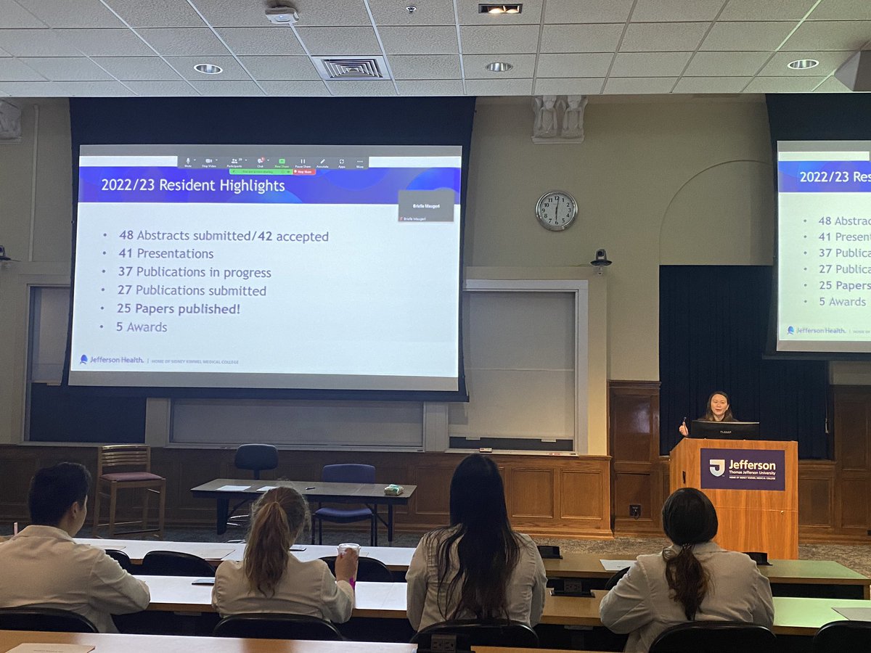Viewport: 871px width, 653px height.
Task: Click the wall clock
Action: click(556, 210)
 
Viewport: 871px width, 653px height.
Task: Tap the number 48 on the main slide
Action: click(126, 236)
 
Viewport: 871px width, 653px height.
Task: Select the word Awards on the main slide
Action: click(147, 327)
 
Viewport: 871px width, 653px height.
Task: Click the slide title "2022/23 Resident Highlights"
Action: click(192, 186)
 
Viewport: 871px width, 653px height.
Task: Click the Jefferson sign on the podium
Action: click(742, 469)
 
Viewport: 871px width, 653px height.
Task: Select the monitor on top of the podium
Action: click(724, 430)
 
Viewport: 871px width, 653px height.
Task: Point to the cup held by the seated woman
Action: click(349, 554)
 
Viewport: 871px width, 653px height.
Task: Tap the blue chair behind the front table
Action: click(347, 493)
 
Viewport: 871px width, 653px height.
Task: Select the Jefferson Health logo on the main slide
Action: click(111, 359)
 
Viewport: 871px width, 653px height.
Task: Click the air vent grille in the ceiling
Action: click(352, 67)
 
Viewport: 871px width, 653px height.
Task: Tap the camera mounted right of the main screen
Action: click(600, 258)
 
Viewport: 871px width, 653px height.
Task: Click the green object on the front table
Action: click(393, 490)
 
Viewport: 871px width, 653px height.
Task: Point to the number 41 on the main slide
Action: click(126, 254)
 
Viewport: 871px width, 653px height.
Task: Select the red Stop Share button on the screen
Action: click(303, 172)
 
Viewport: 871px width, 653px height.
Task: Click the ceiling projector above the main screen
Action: click(282, 15)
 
